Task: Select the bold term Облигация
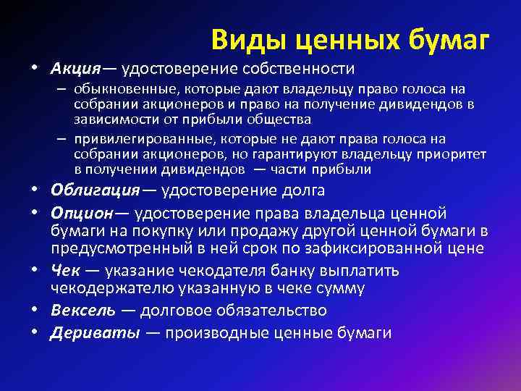[x=94, y=191]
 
